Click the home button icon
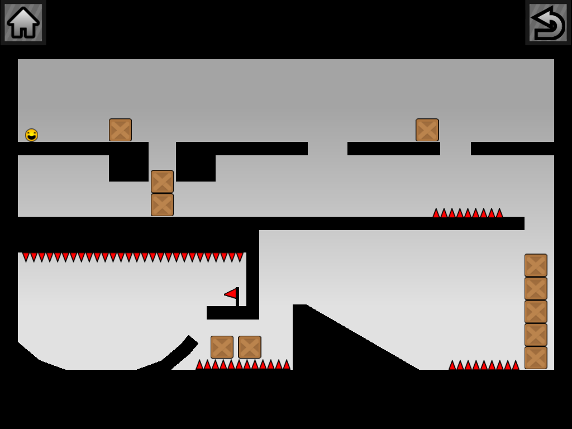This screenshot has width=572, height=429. coord(23,22)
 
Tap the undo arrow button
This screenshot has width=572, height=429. coord(548,22)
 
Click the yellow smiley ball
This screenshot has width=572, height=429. coord(31,135)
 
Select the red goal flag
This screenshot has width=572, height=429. coord(231,294)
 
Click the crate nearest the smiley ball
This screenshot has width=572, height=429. coord(120,130)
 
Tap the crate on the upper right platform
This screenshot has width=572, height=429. coord(427,130)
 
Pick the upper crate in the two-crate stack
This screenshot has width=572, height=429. coord(162,182)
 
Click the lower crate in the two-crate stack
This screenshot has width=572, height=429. coord(162,205)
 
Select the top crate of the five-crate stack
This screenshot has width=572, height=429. coord(536,265)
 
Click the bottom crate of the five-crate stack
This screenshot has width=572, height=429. coord(536,358)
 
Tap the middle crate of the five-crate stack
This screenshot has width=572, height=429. coord(536,312)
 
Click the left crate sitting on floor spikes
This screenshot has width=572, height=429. coord(222,347)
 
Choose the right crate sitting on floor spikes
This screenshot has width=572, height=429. coord(250,347)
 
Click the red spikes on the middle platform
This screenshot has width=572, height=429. coord(468,213)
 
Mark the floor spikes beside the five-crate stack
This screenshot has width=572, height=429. coord(484,365)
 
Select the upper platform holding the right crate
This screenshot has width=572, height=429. coord(393,149)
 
